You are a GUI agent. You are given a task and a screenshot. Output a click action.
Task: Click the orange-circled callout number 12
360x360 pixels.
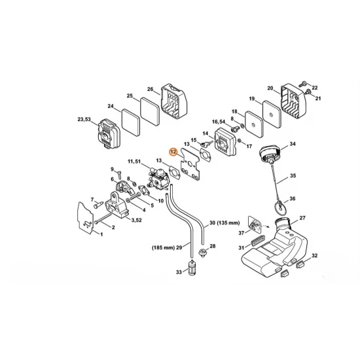(173, 152)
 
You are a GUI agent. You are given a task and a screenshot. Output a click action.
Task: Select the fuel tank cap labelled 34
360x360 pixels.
(270, 154)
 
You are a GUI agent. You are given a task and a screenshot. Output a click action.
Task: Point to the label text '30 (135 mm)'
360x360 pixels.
(225, 223)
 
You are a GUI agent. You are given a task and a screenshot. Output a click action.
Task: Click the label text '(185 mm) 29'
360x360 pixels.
(167, 247)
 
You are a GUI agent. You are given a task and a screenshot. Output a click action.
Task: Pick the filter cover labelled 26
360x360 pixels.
(174, 101)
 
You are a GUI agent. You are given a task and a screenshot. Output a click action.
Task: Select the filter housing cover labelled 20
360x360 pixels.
(294, 101)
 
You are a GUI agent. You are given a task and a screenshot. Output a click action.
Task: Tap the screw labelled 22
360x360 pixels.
(304, 84)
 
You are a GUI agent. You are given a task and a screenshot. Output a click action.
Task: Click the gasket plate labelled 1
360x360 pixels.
(85, 218)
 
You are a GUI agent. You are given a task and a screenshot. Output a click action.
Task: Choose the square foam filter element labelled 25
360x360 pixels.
(150, 111)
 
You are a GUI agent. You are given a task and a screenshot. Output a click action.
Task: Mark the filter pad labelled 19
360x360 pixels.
(272, 114)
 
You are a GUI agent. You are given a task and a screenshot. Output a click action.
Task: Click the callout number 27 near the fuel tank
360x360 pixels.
(302, 218)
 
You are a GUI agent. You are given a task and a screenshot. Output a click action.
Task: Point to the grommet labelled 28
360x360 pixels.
(202, 253)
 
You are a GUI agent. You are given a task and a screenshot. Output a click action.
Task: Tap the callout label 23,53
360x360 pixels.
(84, 119)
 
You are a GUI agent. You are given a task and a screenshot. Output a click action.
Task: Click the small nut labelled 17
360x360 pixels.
(240, 141)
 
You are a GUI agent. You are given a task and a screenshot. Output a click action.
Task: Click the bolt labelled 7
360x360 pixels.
(98, 204)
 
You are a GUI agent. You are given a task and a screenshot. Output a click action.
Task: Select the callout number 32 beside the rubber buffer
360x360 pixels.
(314, 255)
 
